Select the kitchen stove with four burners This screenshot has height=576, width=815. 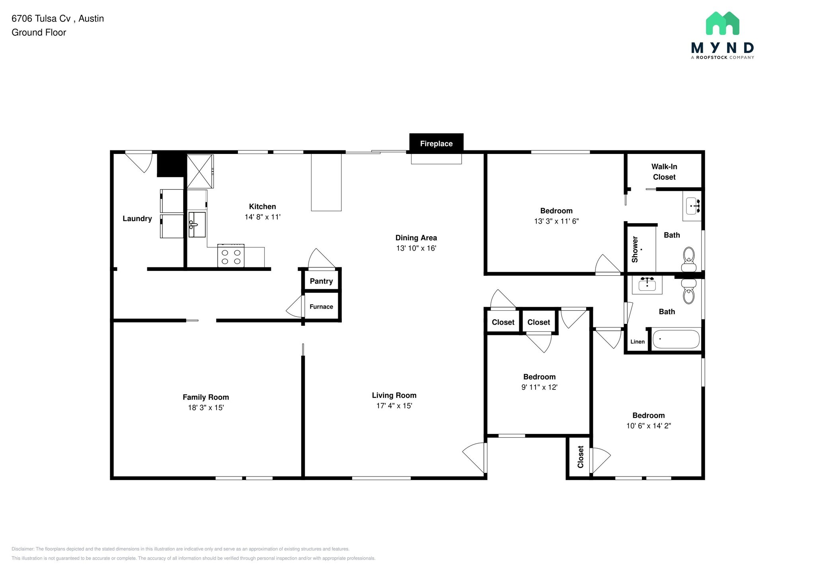pos(231,256)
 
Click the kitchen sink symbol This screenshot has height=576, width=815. pos(197,225)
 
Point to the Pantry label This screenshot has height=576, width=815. pos(321,281)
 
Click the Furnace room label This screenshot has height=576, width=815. pos(321,307)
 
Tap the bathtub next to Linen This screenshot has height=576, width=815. pos(676,339)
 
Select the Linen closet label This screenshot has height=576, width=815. pos(637,342)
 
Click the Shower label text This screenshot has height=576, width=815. pos(635,249)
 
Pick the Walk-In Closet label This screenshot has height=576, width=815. pos(664,172)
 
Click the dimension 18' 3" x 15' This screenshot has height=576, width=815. pos(206,407)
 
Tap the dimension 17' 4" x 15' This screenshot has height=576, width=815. pos(394,406)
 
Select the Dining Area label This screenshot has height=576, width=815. pos(416,238)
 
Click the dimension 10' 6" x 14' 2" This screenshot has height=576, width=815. pos(648,426)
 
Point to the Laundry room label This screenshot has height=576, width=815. pos(137,218)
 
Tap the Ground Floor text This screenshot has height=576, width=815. pos(39,33)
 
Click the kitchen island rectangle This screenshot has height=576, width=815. pos(326,182)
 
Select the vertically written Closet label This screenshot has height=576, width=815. pos(580,457)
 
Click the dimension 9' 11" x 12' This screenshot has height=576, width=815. pos(539,387)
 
